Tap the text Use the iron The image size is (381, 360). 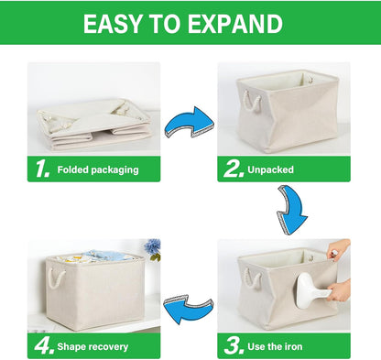pos(276,345)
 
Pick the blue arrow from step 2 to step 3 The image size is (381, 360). pos(291,211)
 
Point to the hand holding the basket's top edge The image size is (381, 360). pos(337,250)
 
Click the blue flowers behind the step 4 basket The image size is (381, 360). pos(152,247)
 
